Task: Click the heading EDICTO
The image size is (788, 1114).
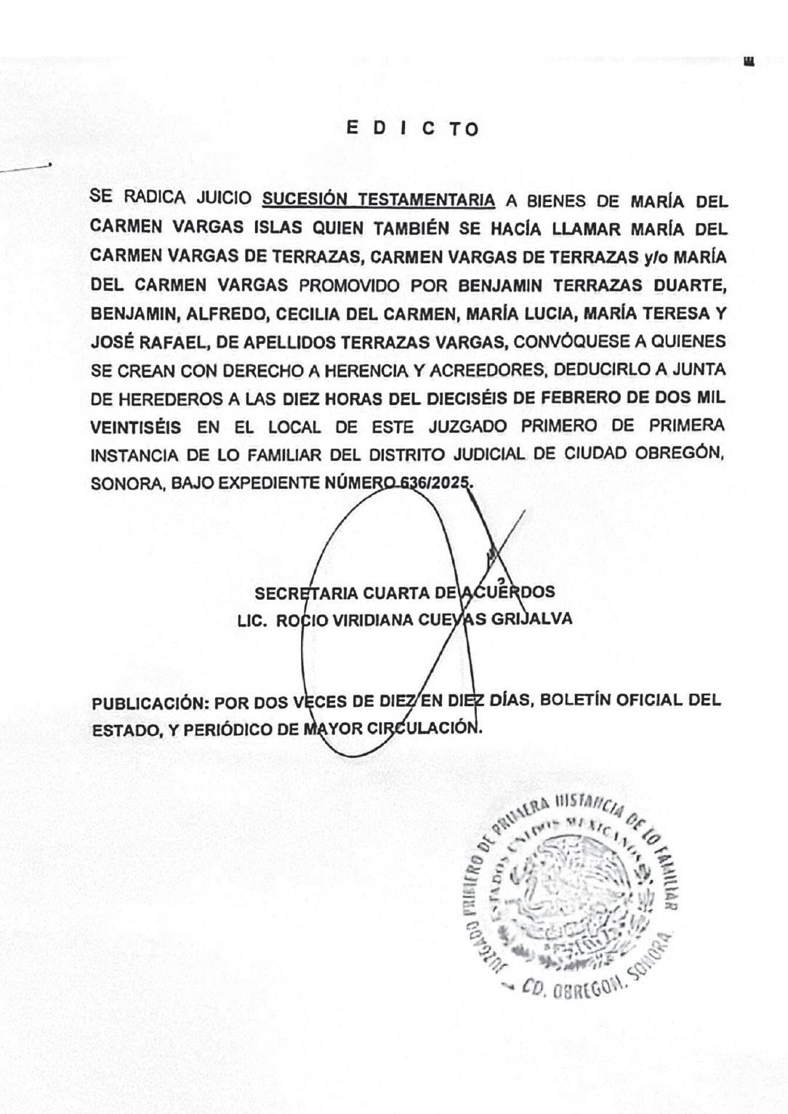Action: (412, 129)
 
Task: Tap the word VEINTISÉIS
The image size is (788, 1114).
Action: (136, 426)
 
